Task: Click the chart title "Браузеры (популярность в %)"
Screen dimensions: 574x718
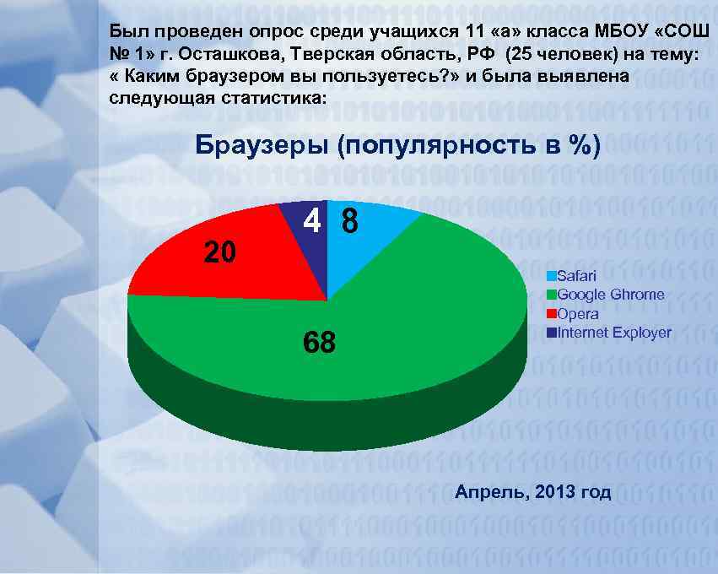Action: tap(397, 146)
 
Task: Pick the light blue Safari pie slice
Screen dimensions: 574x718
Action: tap(371, 232)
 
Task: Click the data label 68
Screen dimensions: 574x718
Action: tap(319, 342)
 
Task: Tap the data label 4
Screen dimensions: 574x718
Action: tap(311, 221)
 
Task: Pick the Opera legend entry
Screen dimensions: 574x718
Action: tap(578, 313)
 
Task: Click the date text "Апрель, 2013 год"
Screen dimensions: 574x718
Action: tap(533, 492)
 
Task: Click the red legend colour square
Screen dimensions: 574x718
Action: tap(552, 313)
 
